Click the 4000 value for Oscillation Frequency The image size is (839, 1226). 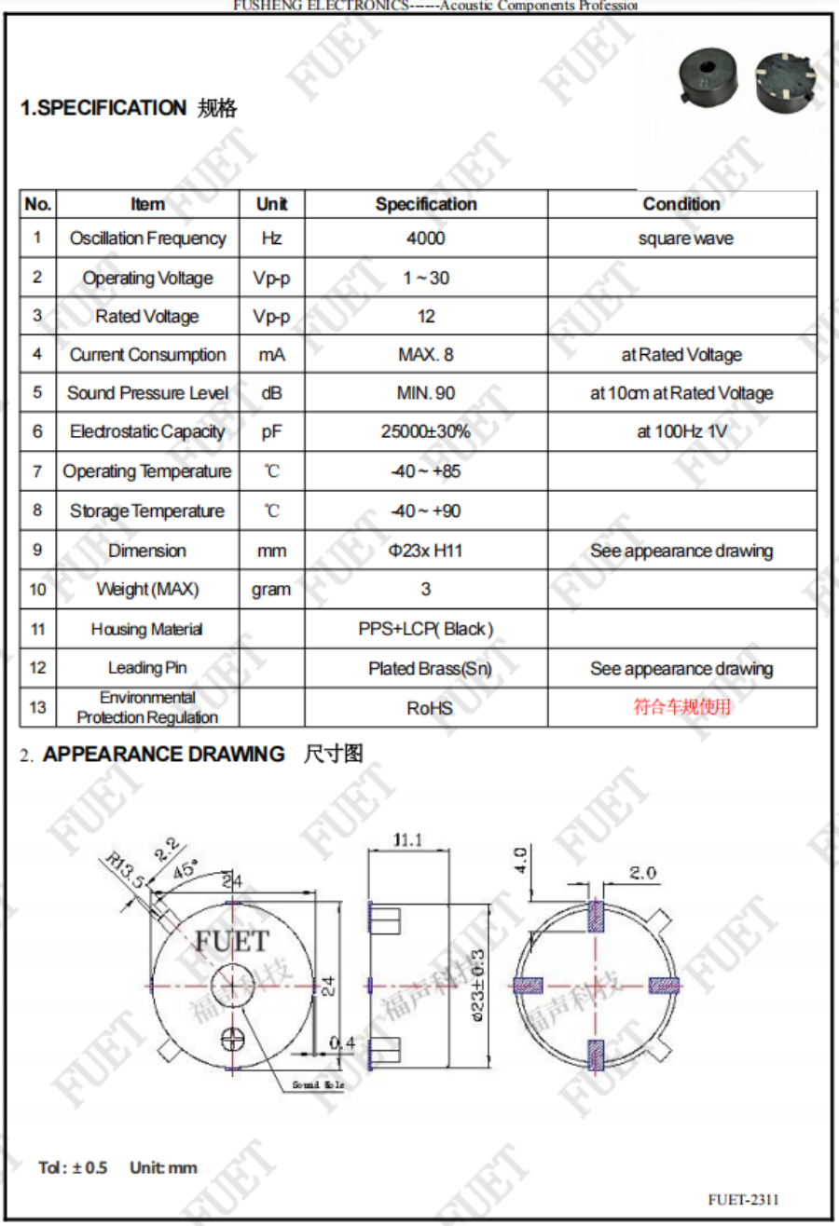[426, 238]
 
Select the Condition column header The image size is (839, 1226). [681, 204]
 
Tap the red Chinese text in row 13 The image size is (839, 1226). [682, 707]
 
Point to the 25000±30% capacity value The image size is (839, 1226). [426, 432]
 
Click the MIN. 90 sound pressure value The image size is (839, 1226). [426, 393]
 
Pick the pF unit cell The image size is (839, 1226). [271, 432]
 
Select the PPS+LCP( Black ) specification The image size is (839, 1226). [426, 629]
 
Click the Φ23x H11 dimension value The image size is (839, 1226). [426, 551]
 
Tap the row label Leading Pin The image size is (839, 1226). [147, 668]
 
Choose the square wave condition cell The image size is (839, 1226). [685, 238]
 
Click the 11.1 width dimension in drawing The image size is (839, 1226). [407, 840]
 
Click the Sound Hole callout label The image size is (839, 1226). [318, 1085]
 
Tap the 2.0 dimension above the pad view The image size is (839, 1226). [643, 873]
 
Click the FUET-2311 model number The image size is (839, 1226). [743, 1199]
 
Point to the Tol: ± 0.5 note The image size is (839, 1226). [73, 1167]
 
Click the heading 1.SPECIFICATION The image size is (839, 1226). [103, 109]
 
